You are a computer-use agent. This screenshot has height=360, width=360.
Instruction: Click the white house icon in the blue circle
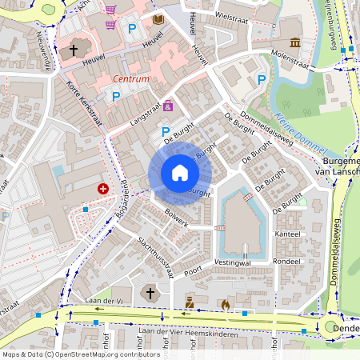point(179,173)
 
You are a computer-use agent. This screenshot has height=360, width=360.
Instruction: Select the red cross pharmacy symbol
point(103,189)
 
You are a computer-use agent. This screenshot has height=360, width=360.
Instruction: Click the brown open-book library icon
point(158,19)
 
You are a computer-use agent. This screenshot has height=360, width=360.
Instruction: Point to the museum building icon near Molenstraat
point(295,42)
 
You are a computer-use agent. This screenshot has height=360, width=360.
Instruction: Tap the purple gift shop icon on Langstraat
point(168,106)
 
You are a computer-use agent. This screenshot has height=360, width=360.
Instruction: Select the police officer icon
point(190,303)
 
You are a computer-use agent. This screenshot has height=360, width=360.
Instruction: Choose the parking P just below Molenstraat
point(262,79)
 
